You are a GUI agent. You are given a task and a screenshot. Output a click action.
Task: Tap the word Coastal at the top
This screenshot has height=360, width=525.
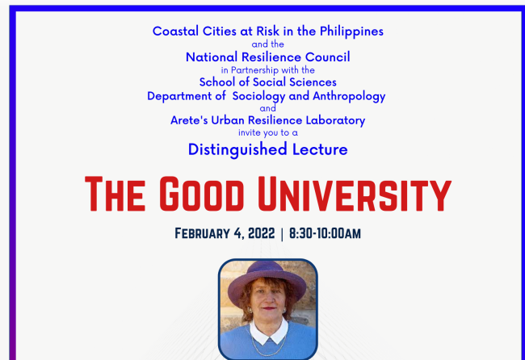[x=176, y=31]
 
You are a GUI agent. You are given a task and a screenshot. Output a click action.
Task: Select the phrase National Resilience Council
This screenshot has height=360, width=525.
[x=267, y=57]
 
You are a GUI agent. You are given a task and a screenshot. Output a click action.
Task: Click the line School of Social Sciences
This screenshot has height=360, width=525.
[x=267, y=82]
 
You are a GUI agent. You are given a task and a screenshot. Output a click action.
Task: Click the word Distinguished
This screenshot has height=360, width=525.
[x=237, y=149]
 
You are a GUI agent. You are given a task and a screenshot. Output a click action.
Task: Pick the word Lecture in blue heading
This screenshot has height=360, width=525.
[x=321, y=149]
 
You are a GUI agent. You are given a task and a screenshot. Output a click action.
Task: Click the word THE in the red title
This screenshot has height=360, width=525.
[x=115, y=195]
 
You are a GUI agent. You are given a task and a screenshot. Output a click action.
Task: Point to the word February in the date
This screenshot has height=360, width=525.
[x=204, y=234]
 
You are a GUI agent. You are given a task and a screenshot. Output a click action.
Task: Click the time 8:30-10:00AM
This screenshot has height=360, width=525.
[x=325, y=234]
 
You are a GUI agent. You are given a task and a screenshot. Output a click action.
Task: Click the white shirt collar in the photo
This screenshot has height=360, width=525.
[x=267, y=330]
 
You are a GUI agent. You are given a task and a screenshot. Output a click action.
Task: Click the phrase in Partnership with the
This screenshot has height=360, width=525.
[x=267, y=69]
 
